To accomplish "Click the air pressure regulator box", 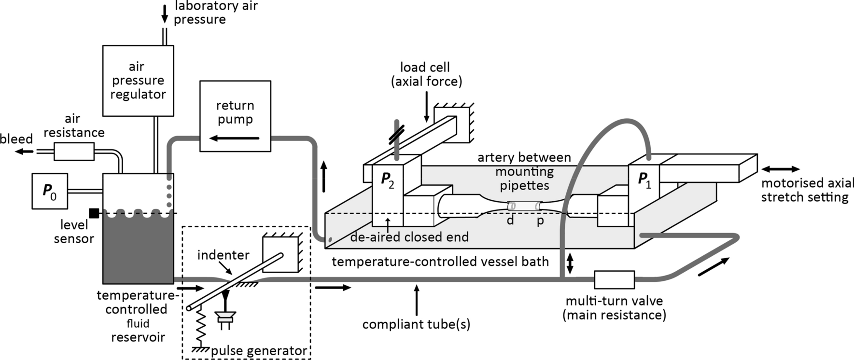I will point(138,81).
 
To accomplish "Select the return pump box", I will point(235,116).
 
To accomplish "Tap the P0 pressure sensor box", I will point(50,191).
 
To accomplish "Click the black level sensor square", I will point(94,213).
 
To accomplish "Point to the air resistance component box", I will point(74,152).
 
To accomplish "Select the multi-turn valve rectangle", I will point(614,280).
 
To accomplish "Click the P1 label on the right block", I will point(644,180).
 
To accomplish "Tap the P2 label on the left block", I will point(387,180).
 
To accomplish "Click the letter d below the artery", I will point(510,221).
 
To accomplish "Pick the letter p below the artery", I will point(540,221).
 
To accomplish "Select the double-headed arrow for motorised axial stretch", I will point(780,169).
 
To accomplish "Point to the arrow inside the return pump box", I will point(235,139).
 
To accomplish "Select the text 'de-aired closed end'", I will point(409,237).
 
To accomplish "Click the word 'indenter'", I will point(223,255).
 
